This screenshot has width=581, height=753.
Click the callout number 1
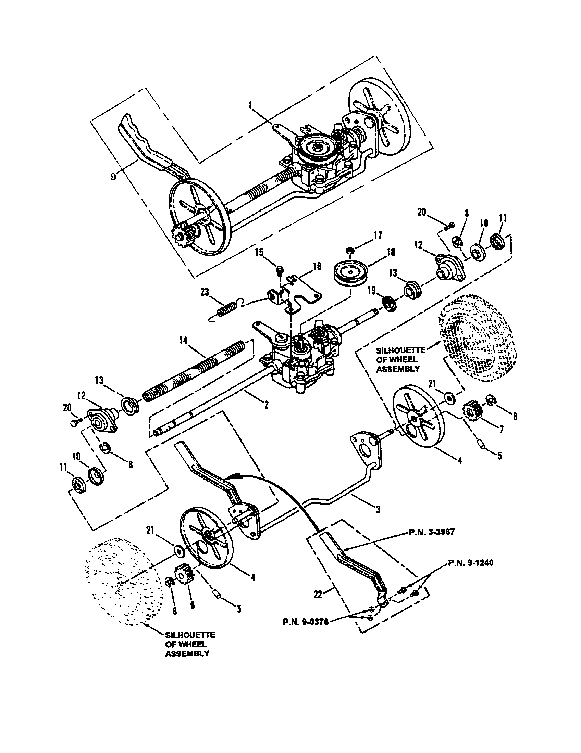pyautogui.click(x=250, y=106)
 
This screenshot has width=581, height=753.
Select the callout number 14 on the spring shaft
pyautogui.click(x=184, y=341)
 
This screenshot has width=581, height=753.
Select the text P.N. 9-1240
pyautogui.click(x=471, y=563)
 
